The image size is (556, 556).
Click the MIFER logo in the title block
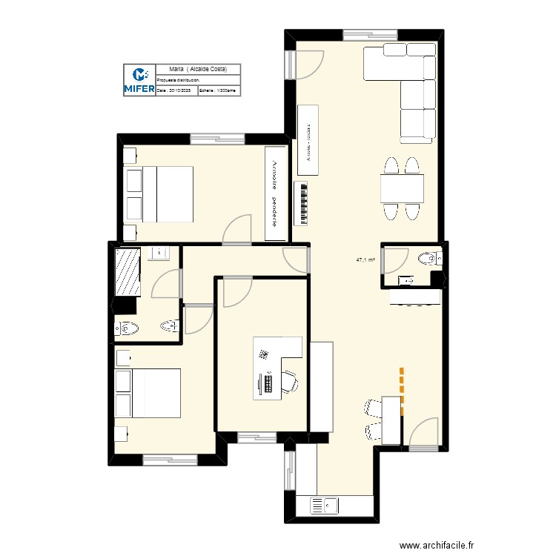(x=139, y=80)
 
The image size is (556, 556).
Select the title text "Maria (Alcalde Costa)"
(x=198, y=68)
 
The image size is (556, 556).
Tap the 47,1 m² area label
(x=365, y=260)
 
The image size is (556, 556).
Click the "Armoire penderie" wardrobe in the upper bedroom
(x=276, y=193)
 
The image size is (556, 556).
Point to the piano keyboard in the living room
(x=302, y=203)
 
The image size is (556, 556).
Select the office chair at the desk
(x=291, y=381)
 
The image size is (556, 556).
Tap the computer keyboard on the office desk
(x=267, y=383)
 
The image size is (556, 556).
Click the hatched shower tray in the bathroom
(x=128, y=271)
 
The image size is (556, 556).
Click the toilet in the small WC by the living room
(x=428, y=258)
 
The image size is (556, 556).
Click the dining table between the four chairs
(x=402, y=188)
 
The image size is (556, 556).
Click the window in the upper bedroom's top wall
(x=217, y=138)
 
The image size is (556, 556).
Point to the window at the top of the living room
(x=370, y=33)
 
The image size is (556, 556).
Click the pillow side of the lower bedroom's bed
(x=123, y=393)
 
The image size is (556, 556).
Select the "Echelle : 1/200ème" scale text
(x=219, y=90)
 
